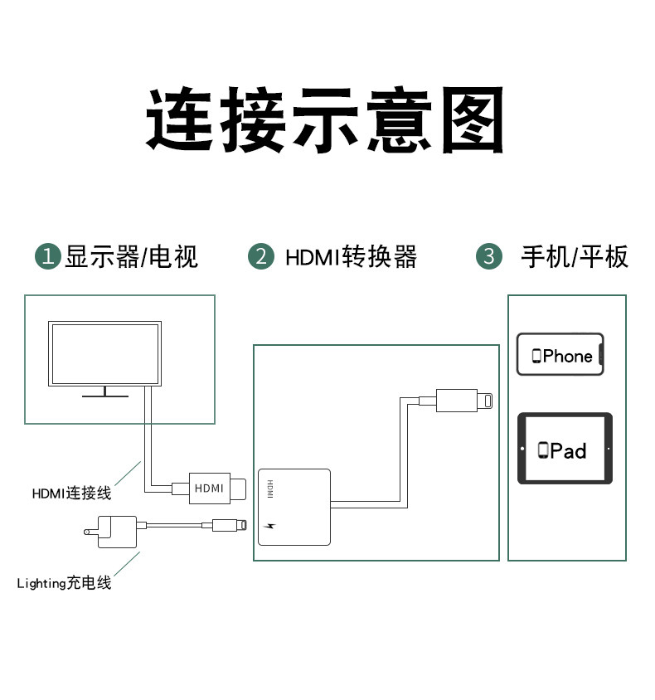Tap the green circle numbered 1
click(x=48, y=256)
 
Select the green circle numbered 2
click(x=261, y=256)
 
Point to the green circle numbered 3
click(x=488, y=256)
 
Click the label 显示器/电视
click(x=132, y=256)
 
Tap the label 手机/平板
click(x=575, y=256)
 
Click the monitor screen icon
click(x=106, y=354)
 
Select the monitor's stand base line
click(x=106, y=396)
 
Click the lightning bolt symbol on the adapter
click(x=269, y=526)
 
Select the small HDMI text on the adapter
click(x=269, y=489)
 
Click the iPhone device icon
click(x=560, y=355)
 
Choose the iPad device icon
click(x=565, y=449)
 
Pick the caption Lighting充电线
click(x=65, y=583)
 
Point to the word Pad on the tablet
click(x=568, y=450)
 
